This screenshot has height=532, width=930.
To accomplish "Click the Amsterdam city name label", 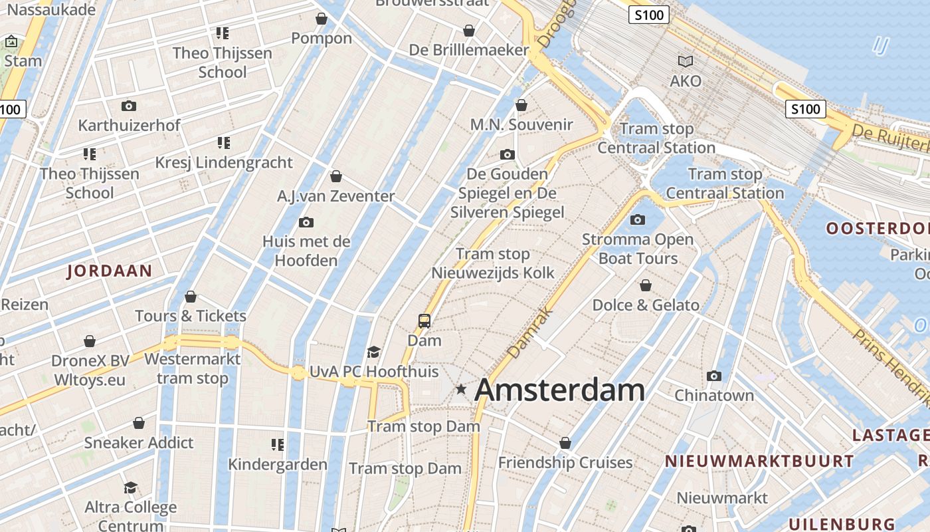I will click(560, 390).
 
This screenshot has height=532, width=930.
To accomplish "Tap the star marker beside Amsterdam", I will click(461, 389).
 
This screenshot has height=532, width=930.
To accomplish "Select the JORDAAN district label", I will click(110, 271).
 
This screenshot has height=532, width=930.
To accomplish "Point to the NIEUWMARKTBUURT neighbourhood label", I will click(759, 461).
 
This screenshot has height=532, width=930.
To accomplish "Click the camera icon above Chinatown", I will click(714, 376).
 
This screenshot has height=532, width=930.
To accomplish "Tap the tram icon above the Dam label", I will click(424, 321).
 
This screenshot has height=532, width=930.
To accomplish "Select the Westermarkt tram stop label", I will click(192, 368).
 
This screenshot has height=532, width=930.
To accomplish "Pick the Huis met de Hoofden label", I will click(306, 250).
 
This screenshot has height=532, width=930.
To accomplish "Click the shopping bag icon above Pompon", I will click(322, 19).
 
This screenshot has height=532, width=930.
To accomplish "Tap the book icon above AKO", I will click(686, 62).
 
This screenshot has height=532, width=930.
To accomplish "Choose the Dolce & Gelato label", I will click(646, 305).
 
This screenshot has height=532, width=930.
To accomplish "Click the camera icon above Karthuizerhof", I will click(129, 106).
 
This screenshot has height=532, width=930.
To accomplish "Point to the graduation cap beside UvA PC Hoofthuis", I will click(374, 352).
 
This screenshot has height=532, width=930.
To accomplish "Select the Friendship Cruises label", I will click(565, 462).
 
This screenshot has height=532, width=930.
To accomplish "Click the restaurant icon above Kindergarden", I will click(278, 444).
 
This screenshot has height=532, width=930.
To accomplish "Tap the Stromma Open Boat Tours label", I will click(638, 249).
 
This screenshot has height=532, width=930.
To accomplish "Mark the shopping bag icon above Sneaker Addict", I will click(139, 423).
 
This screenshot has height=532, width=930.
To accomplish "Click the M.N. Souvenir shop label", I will click(521, 124).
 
